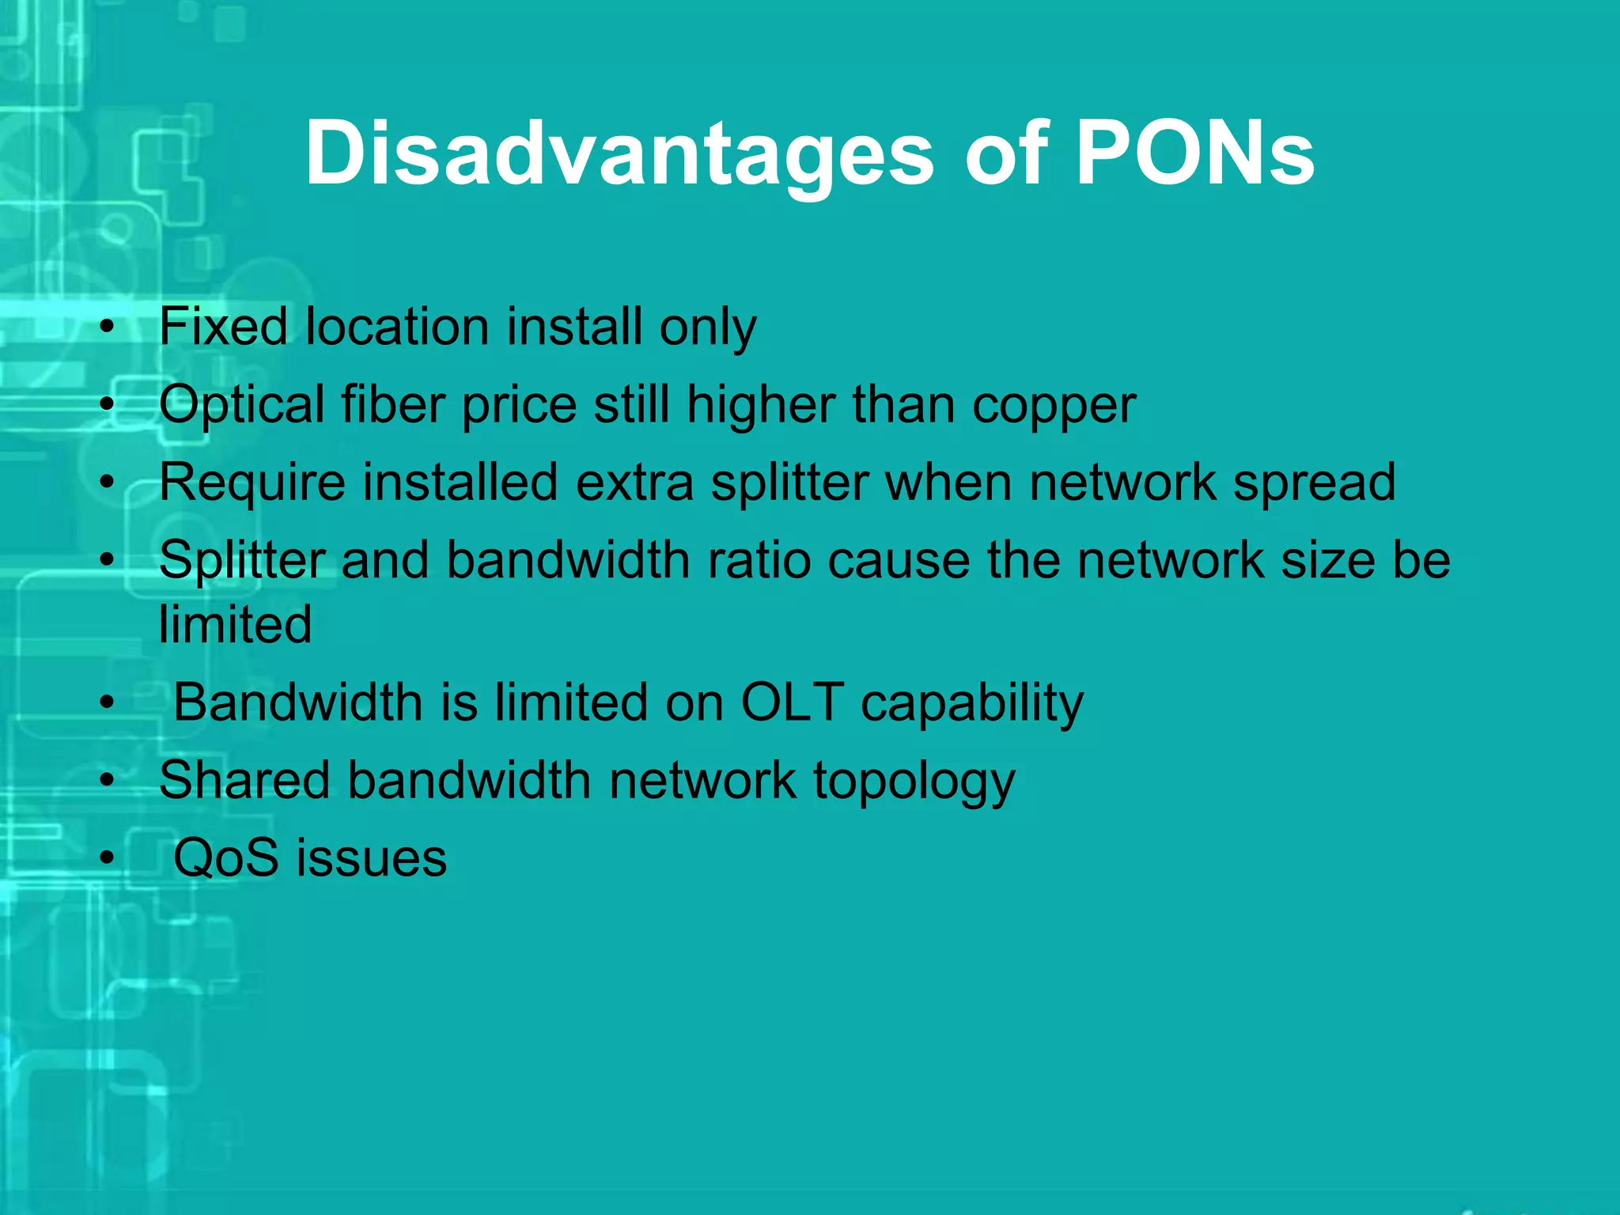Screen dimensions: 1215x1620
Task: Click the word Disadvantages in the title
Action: [619, 154]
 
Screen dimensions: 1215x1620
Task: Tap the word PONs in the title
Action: [1195, 154]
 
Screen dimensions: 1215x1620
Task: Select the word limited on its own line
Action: [236, 625]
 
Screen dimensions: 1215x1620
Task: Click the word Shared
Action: [244, 780]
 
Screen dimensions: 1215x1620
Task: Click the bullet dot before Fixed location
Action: [108, 327]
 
